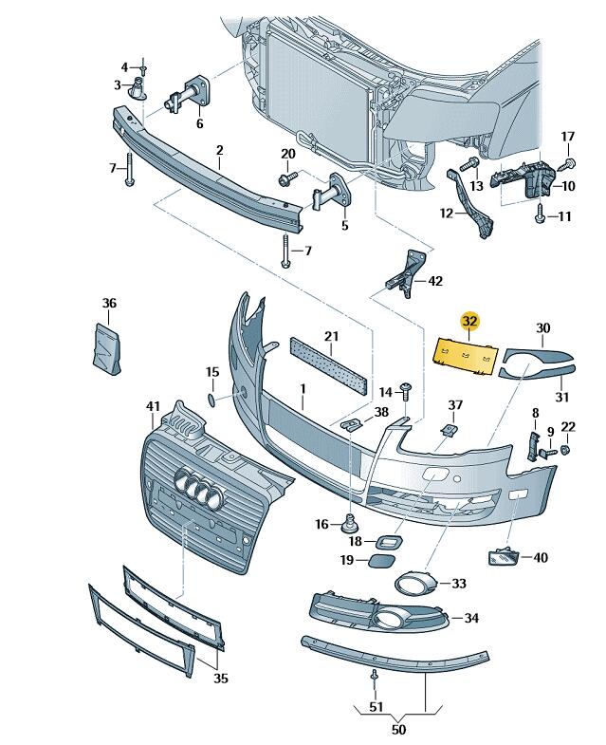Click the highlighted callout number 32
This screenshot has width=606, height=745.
point(470,323)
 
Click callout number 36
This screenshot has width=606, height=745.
point(109,304)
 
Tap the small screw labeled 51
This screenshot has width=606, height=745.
point(375,677)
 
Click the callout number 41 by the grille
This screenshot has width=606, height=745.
point(153,407)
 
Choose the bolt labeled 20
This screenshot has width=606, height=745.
point(285,177)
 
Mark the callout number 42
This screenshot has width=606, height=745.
point(435,281)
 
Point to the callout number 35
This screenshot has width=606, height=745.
point(221,679)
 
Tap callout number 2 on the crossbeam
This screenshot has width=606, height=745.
point(219,150)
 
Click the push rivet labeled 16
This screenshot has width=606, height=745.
point(350,521)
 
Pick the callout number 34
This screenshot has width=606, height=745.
point(471,619)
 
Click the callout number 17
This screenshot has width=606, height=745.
point(568,137)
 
